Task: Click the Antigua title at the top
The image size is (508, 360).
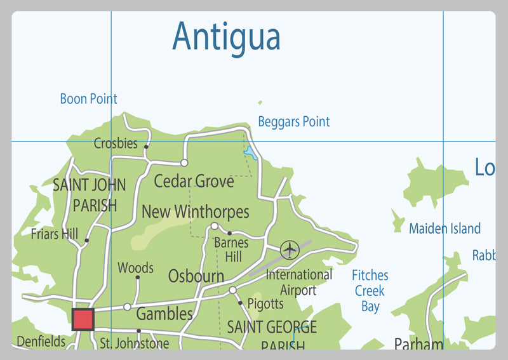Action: tap(226, 37)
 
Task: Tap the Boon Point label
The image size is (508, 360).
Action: tap(88, 99)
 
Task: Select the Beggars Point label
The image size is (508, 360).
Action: tap(293, 121)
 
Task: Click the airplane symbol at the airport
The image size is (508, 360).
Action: tap(290, 250)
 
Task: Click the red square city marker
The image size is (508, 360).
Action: tap(83, 319)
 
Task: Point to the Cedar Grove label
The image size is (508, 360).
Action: tap(194, 182)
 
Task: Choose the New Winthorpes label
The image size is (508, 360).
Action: tap(195, 211)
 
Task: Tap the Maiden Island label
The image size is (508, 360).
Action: tap(444, 229)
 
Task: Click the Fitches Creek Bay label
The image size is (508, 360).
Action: tap(370, 291)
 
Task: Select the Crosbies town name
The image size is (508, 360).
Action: tap(116, 143)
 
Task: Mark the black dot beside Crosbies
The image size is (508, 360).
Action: tap(146, 147)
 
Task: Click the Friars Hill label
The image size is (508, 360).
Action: tap(54, 234)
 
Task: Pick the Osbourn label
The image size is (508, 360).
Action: tap(196, 276)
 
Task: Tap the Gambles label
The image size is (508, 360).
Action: tap(164, 314)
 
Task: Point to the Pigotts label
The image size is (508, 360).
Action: tap(265, 304)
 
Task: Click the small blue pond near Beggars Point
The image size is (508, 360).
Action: tap(250, 153)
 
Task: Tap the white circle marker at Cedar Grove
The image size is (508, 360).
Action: tap(184, 163)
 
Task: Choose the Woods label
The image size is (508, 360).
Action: tap(135, 269)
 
